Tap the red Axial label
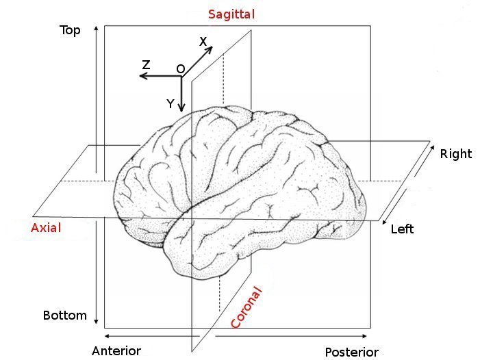(x=46, y=228)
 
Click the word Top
(x=71, y=30)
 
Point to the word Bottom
(x=65, y=316)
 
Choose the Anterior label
(x=116, y=351)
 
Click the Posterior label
(x=351, y=352)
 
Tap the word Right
(x=456, y=153)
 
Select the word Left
(x=402, y=229)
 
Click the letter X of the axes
(x=203, y=42)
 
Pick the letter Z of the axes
(x=146, y=65)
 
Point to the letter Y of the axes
(x=170, y=103)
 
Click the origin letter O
(x=180, y=69)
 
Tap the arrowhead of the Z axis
(x=142, y=76)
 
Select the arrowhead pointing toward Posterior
(x=365, y=336)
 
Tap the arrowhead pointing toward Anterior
(x=107, y=336)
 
